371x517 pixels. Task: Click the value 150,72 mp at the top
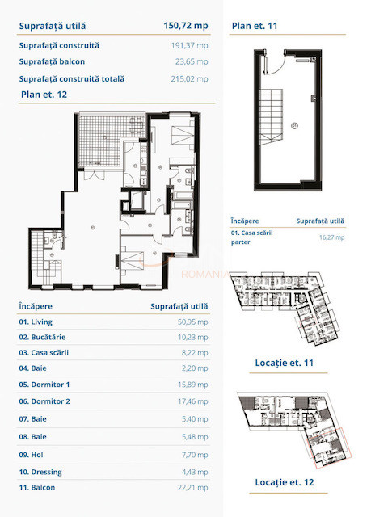coord(186,26)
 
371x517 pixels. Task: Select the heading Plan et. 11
coord(255,26)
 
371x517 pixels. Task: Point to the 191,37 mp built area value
coord(190,45)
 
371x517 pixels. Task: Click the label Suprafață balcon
coord(53,61)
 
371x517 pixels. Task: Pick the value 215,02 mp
coord(190,79)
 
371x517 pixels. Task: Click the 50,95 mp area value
coord(190,322)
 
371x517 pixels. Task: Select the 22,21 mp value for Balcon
coord(190,487)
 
